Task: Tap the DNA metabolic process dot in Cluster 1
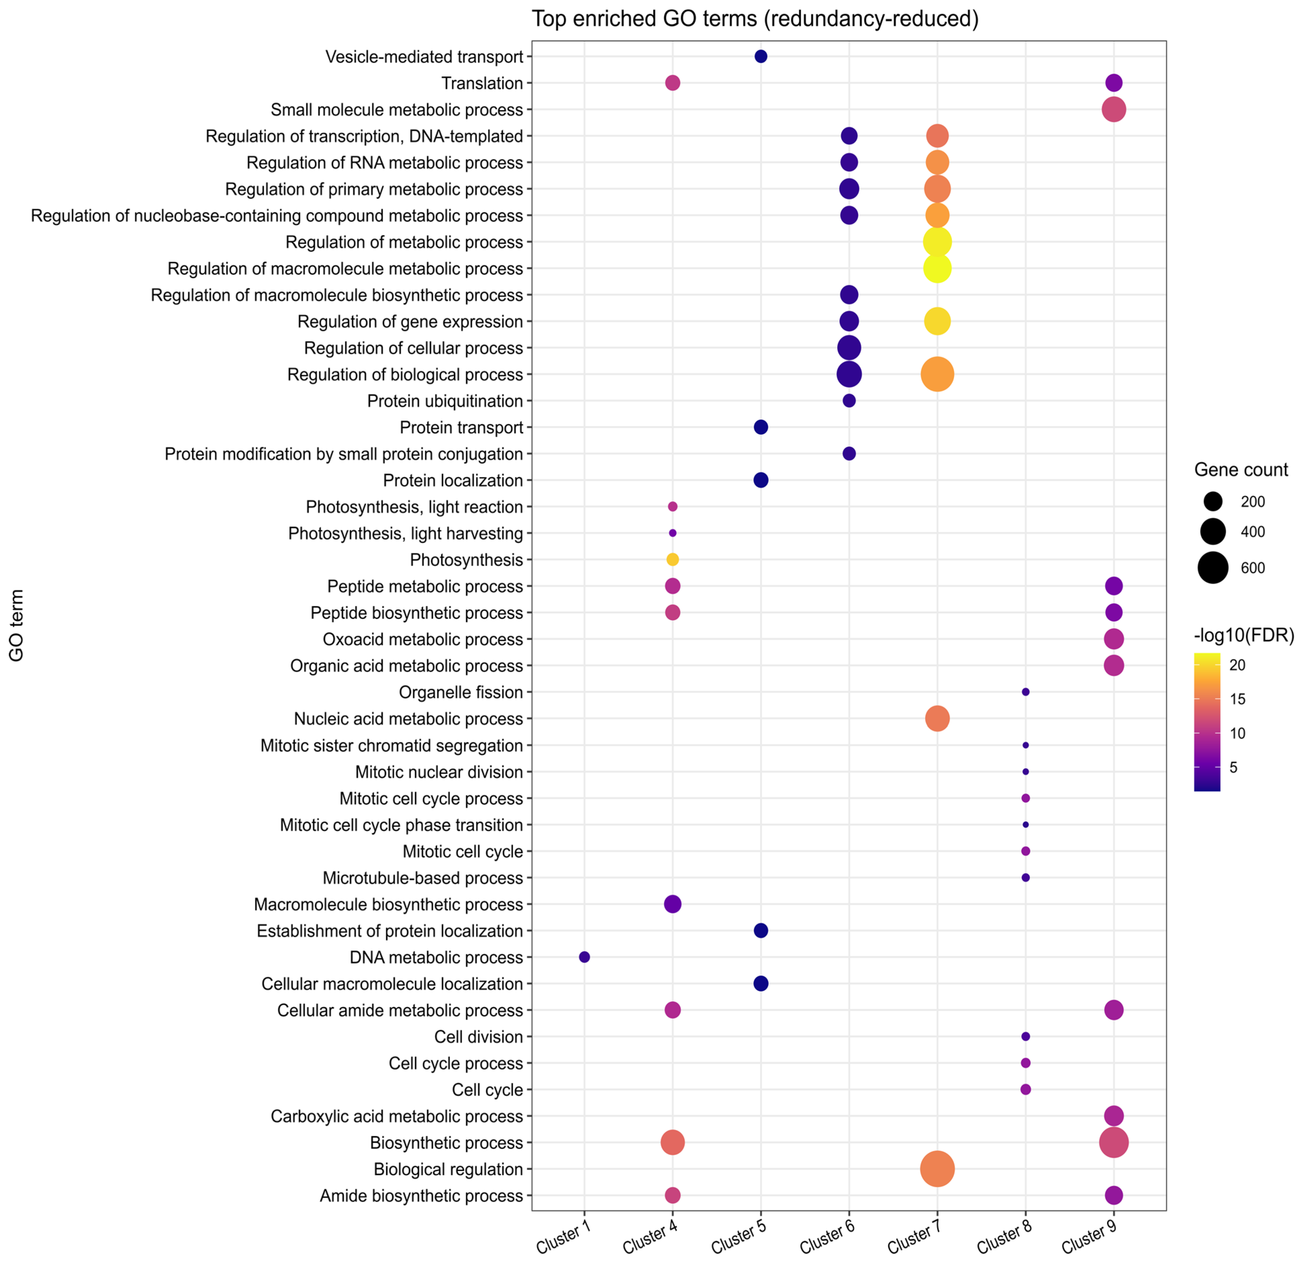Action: [x=584, y=957]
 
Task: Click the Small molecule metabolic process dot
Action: [x=1113, y=110]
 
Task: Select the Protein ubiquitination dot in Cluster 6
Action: [x=849, y=401]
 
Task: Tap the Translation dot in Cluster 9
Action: [x=1113, y=83]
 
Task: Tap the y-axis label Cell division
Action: [x=479, y=1037]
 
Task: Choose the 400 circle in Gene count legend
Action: [x=1213, y=531]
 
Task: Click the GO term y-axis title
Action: [x=17, y=625]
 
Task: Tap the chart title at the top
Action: [x=755, y=18]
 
